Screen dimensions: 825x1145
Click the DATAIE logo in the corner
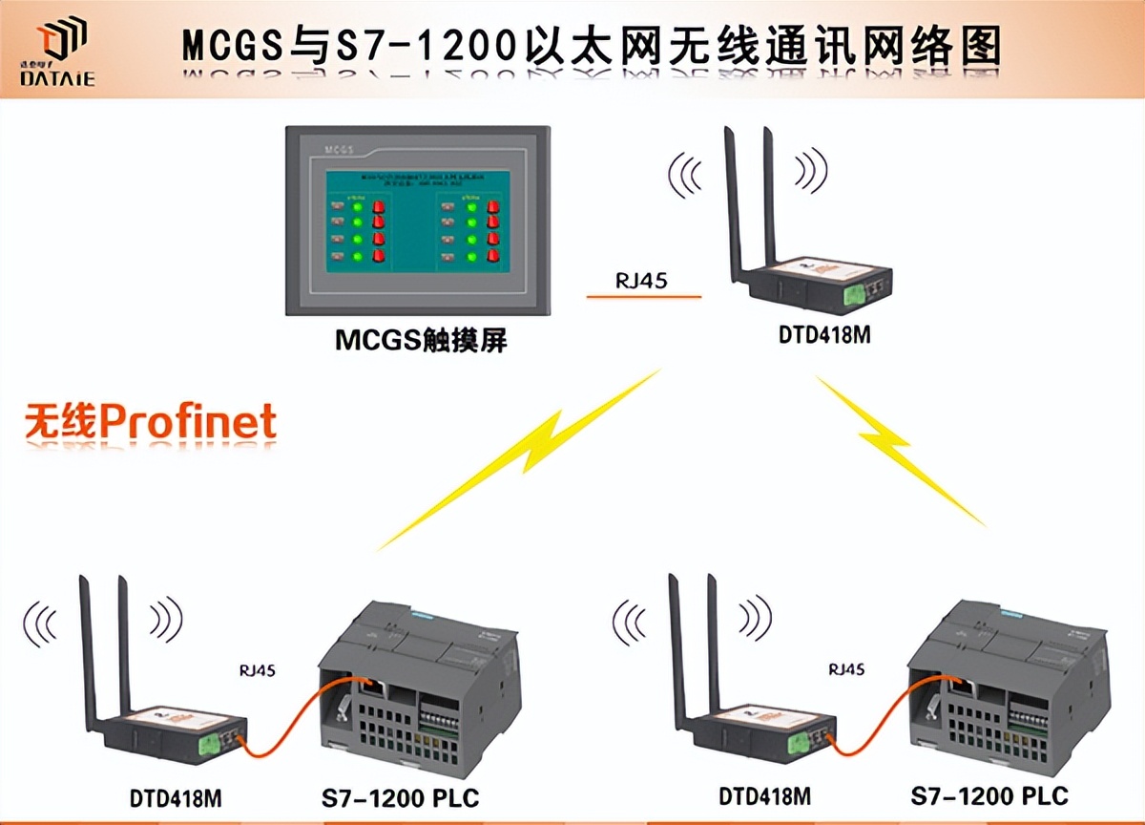coord(57,53)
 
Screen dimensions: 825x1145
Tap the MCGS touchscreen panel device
coord(420,222)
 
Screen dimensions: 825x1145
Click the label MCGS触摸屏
coord(421,342)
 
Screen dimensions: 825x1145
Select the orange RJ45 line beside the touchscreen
coord(644,297)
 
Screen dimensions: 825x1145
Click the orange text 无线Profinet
coord(150,421)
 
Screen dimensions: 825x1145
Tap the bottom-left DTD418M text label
coord(176,796)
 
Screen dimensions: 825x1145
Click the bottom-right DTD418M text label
coord(765,795)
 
